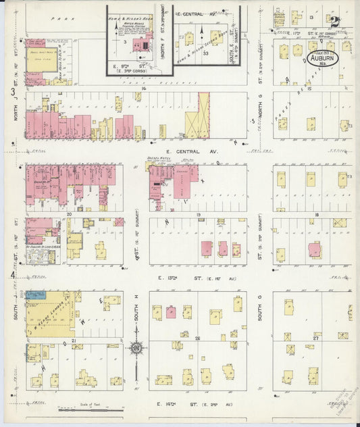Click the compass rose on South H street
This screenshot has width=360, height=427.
137,349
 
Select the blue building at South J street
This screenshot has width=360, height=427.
36,295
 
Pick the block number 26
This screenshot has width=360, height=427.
197,339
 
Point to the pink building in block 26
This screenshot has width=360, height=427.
171,312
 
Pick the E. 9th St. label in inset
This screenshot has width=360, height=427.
133,66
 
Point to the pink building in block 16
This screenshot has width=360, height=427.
314,250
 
